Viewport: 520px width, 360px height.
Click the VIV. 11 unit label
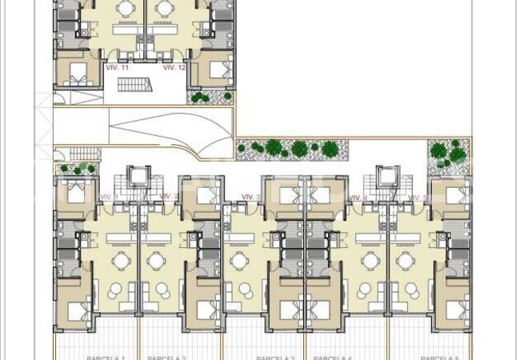[117, 68]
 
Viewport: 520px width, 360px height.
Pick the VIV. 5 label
[418, 197]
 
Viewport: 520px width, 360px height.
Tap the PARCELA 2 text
[166, 357]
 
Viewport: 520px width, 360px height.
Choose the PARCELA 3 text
[275, 357]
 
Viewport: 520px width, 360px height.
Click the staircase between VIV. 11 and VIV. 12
[146, 85]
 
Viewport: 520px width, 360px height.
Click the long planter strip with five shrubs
[288, 148]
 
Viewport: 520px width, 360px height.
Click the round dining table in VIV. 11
[126, 8]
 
